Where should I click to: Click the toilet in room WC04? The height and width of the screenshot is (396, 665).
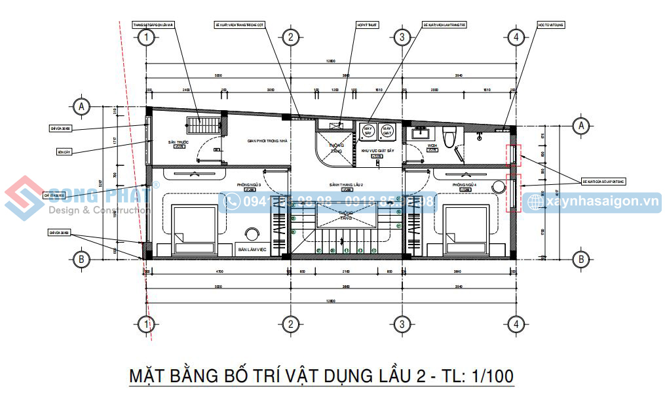click(449, 139)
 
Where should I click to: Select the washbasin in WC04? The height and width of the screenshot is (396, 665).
click(417, 134)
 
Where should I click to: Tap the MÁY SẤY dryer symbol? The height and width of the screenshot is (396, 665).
click(368, 131)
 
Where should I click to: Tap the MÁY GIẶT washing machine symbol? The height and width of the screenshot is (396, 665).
click(387, 131)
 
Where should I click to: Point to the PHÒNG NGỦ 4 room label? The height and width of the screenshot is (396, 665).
click(465, 186)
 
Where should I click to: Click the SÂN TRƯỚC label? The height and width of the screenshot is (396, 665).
click(178, 142)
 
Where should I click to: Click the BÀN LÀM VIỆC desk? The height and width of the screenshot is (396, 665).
click(252, 250)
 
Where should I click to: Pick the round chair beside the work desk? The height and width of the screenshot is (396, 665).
click(252, 235)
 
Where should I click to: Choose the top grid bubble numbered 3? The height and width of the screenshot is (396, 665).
click(402, 37)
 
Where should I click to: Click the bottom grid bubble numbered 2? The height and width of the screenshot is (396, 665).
click(290, 323)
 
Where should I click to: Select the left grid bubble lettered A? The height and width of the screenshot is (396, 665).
click(81, 106)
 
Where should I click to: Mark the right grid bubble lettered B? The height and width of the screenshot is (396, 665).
click(580, 259)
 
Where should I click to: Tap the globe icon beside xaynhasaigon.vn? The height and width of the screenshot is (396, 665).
click(535, 202)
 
